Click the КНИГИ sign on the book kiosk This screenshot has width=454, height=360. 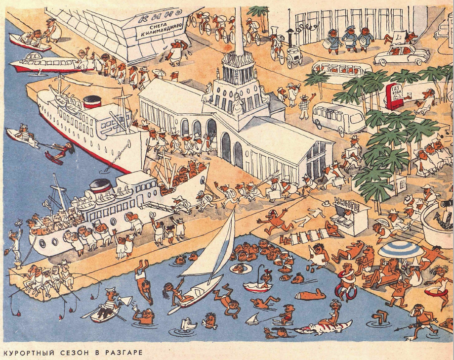click(x=346, y=202)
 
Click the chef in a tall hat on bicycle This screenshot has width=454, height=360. click(x=277, y=45)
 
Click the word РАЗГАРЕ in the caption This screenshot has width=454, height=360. click(x=121, y=352)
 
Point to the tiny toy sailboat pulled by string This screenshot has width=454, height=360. click(x=253, y=318)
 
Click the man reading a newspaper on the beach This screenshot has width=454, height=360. click(x=316, y=255)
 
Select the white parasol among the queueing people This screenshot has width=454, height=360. click(x=159, y=73)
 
